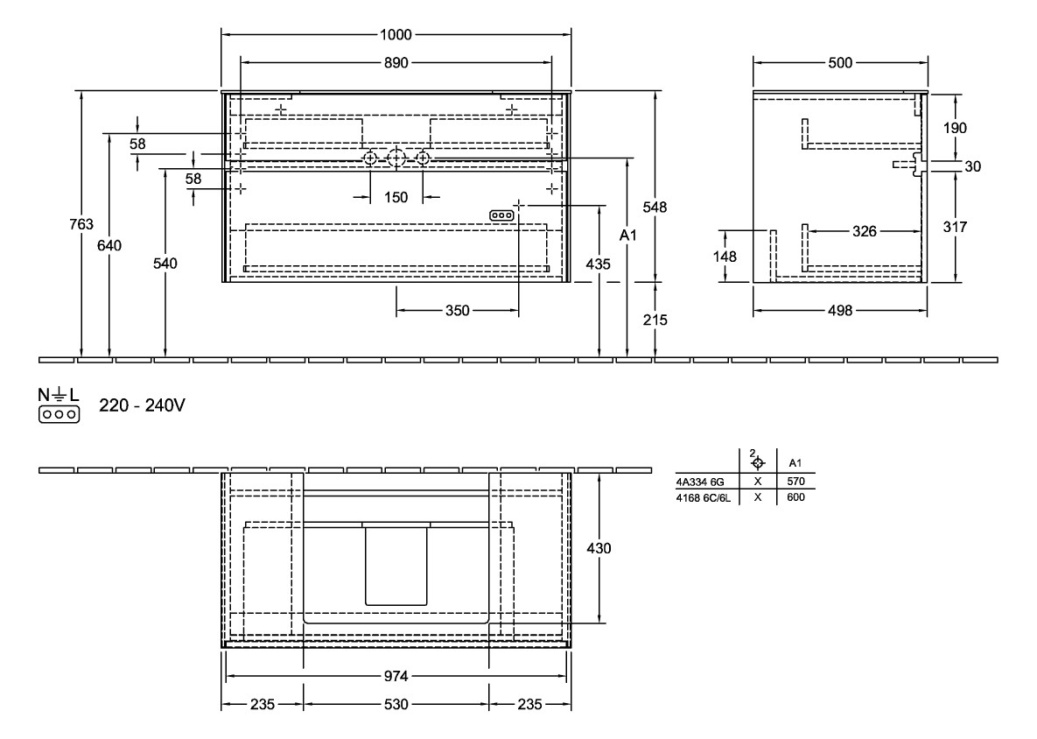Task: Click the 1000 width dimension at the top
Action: pyautogui.click(x=396, y=35)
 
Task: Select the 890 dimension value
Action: pyautogui.click(x=396, y=63)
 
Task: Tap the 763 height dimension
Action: pyautogui.click(x=81, y=225)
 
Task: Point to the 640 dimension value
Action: pyautogui.click(x=109, y=245)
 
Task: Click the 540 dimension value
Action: pyautogui.click(x=165, y=264)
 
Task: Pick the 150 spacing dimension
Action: pyautogui.click(x=396, y=197)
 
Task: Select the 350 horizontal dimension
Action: pyautogui.click(x=458, y=310)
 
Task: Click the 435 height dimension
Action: pyautogui.click(x=599, y=264)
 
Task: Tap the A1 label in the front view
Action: pyautogui.click(x=627, y=236)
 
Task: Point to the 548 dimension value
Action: pyautogui.click(x=655, y=208)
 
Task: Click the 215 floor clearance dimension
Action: pyautogui.click(x=655, y=320)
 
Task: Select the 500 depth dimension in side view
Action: pyautogui.click(x=840, y=63)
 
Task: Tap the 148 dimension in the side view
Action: pyautogui.click(x=725, y=257)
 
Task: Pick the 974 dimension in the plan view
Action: pyautogui.click(x=396, y=677)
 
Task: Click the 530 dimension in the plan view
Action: pyautogui.click(x=396, y=705)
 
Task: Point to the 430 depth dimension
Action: pyautogui.click(x=599, y=548)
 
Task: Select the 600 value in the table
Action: pyautogui.click(x=795, y=496)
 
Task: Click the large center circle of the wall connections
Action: pyautogui.click(x=396, y=158)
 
